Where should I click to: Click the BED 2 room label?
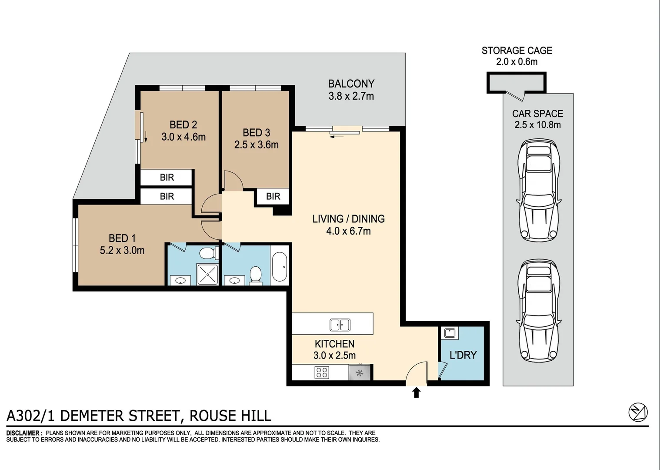tap(183, 125)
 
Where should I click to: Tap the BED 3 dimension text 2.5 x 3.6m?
tap(256, 145)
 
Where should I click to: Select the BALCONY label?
tap(351, 84)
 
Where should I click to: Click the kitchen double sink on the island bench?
tap(340, 325)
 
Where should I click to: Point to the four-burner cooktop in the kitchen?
tap(322, 373)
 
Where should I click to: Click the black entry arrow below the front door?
tap(416, 393)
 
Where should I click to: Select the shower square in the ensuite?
tap(207, 274)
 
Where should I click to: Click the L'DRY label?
tap(463, 355)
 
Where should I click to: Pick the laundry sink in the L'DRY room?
tap(450, 333)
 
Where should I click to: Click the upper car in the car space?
tap(538, 190)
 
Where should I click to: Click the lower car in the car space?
tap(538, 311)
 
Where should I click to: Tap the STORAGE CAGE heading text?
tap(517, 50)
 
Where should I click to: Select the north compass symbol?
tap(638, 412)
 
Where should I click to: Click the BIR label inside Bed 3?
tap(273, 196)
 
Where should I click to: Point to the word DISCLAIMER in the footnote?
tap(24, 433)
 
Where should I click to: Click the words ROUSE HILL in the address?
tap(230, 416)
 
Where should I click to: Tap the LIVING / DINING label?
tap(348, 219)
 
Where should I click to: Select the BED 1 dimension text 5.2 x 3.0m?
tap(122, 250)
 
